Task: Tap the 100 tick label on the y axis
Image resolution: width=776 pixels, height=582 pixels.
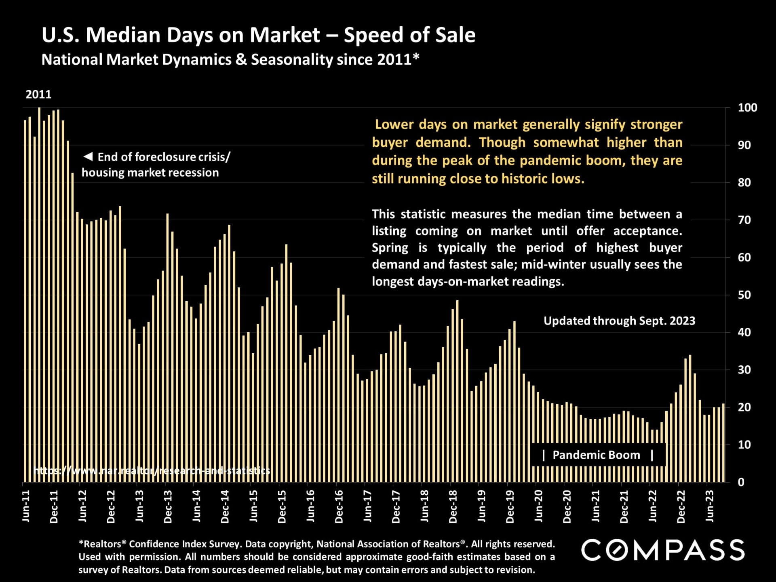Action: (747, 108)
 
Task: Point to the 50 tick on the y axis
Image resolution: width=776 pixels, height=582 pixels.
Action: (744, 295)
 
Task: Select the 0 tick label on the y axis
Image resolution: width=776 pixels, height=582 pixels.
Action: (741, 482)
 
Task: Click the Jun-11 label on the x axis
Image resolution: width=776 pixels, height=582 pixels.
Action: (26, 506)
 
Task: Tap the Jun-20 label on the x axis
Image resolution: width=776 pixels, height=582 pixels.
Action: (539, 506)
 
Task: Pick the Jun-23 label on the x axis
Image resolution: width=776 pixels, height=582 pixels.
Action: (710, 506)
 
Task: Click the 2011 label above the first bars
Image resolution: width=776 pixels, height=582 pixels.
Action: (38, 95)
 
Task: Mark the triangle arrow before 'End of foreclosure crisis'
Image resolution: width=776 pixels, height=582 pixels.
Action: (88, 156)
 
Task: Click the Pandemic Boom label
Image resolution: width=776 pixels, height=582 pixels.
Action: (596, 455)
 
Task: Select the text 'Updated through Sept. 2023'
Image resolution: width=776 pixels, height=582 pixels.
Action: (619, 321)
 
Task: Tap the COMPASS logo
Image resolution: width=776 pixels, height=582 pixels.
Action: (663, 550)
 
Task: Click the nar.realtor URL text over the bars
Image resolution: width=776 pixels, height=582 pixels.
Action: (152, 471)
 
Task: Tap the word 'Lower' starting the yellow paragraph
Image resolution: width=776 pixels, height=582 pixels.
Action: (394, 124)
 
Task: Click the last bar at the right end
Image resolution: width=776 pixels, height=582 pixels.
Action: (723, 443)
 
